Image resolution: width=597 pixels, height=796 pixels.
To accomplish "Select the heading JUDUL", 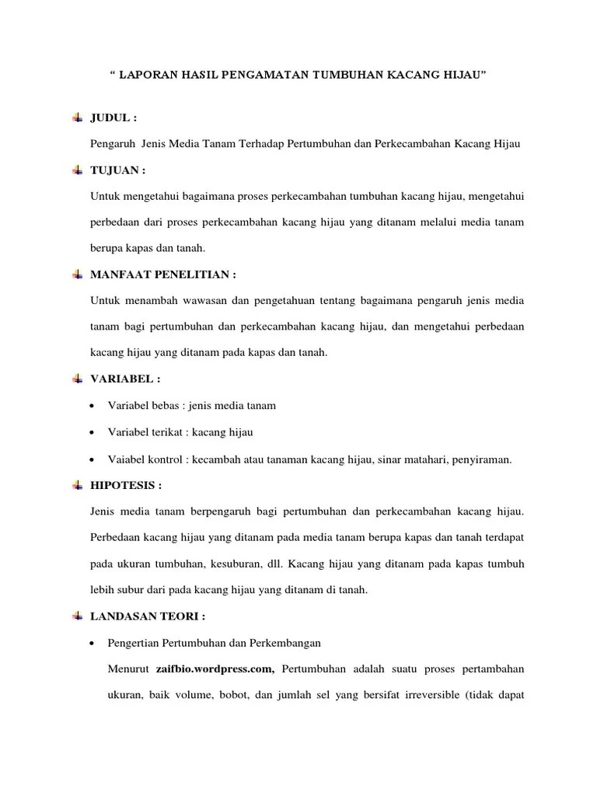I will (x=114, y=118).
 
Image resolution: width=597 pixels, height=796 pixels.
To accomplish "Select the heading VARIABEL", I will (x=126, y=379).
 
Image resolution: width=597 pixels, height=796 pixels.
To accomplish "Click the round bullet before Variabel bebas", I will (x=93, y=406).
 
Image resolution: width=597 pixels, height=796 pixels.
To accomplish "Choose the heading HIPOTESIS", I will (x=127, y=485).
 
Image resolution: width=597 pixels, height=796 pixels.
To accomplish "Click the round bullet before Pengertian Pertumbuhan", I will (x=93, y=644).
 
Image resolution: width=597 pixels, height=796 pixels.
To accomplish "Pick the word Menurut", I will (x=131, y=669).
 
